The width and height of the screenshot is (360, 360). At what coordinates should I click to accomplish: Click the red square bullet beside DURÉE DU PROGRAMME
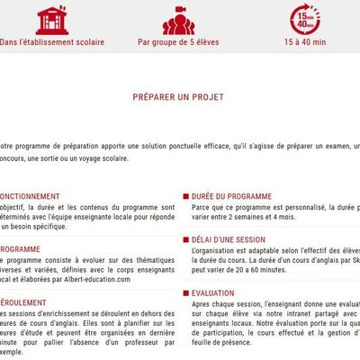(x=184, y=195)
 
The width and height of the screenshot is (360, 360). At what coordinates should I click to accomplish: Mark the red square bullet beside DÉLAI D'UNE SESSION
(x=184, y=239)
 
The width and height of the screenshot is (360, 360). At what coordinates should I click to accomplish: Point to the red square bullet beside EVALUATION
(x=184, y=292)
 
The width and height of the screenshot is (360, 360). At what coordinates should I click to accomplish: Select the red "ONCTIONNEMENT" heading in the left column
(x=30, y=195)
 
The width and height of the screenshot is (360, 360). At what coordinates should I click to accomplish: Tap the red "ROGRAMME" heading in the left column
(x=20, y=248)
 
